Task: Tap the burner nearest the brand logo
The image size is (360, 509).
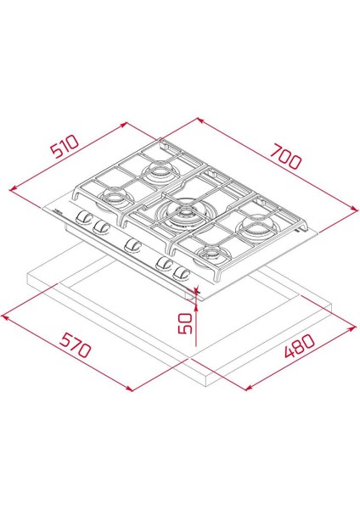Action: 110,199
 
